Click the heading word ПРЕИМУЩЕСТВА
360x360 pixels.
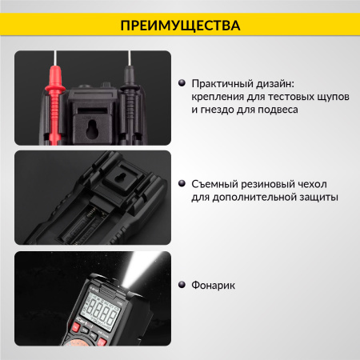coord(179,26)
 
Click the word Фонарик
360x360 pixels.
coord(215,284)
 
